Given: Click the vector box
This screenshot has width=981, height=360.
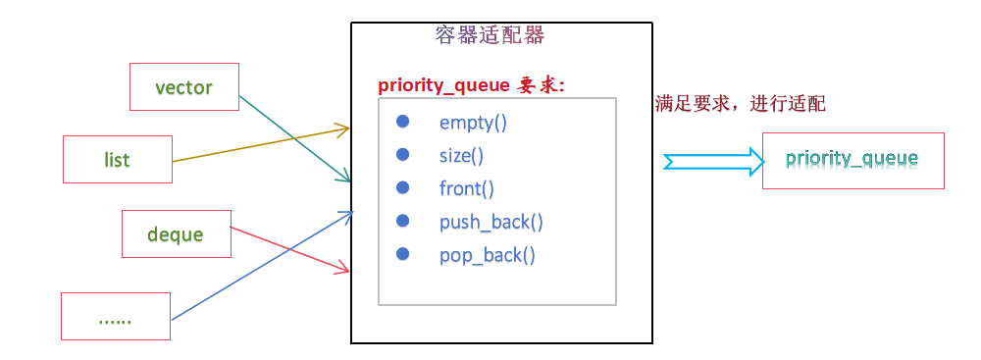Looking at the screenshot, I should point(184,87).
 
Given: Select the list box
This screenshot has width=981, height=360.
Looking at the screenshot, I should point(118,159).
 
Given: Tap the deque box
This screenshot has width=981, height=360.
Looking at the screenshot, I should point(176,234).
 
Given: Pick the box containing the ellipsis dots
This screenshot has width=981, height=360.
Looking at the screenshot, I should point(116,318).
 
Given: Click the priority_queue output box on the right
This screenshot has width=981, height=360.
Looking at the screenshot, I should point(852,159).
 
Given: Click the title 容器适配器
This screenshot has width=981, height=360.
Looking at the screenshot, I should point(489,36).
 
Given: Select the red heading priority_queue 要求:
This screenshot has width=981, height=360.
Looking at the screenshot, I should point(472,85).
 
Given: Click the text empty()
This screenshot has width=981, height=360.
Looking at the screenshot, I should point(473,123).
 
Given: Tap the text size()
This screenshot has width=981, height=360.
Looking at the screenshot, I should point(461,155).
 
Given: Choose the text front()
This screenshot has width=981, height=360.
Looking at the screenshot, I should point(466,188).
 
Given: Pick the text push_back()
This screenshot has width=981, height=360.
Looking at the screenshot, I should point(490,222).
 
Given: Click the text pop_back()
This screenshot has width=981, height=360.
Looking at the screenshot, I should point(488,255).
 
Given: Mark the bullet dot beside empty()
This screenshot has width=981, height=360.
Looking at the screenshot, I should point(402,122).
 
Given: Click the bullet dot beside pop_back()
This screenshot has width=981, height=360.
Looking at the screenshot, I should point(402,254).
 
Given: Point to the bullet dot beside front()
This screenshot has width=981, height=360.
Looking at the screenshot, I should point(402,187).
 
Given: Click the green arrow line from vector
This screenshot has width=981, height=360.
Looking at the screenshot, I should point(294,138).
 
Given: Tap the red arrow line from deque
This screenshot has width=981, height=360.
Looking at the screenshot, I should point(289,249).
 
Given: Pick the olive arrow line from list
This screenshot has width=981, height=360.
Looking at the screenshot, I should point(260,144).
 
